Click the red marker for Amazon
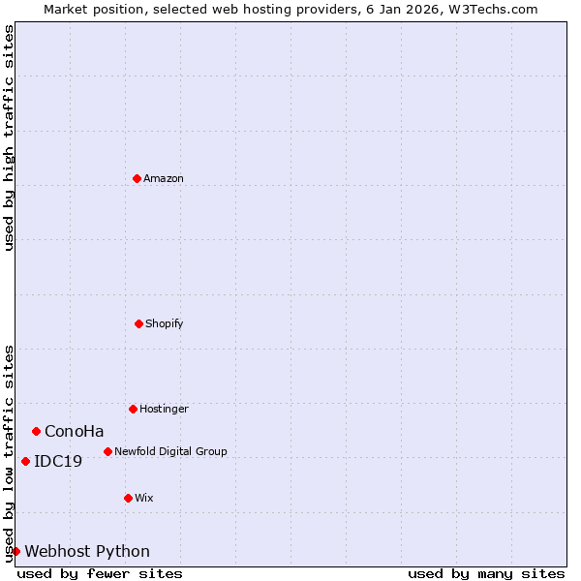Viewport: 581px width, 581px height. [x=137, y=178]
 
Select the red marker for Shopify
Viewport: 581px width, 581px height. [x=138, y=323]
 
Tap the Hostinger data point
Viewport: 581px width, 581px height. [x=133, y=409]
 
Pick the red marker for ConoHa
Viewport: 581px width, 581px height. [x=36, y=431]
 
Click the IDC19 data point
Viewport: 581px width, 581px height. [x=25, y=461]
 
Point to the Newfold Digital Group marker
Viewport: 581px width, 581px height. [x=107, y=451]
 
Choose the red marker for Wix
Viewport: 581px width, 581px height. [x=128, y=498]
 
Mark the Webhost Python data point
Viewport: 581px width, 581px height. [x=15, y=551]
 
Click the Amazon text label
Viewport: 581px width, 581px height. [x=164, y=178]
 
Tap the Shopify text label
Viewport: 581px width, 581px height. [x=165, y=323]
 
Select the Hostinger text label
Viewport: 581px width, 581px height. [x=164, y=409]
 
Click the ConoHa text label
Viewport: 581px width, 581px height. [x=74, y=431]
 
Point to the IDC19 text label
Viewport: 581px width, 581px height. [x=58, y=461]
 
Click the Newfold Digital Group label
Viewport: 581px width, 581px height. [x=170, y=451]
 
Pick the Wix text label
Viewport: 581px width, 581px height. [x=144, y=498]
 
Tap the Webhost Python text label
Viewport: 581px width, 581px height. [x=87, y=551]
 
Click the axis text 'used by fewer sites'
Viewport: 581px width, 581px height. [x=100, y=573]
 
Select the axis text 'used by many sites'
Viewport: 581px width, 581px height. [x=486, y=573]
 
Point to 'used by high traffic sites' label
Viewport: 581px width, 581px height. [x=9, y=138]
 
